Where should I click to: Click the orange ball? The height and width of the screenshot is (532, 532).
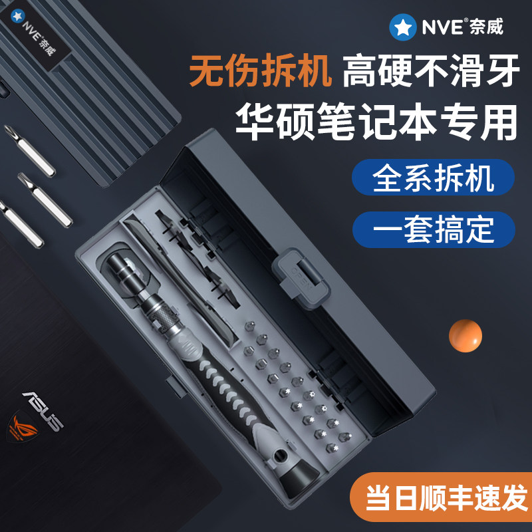coord(465,336)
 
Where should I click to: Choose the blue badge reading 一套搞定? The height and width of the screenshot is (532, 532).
coord(434,229)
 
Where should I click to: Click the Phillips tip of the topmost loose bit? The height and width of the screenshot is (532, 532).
coord(10,130)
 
